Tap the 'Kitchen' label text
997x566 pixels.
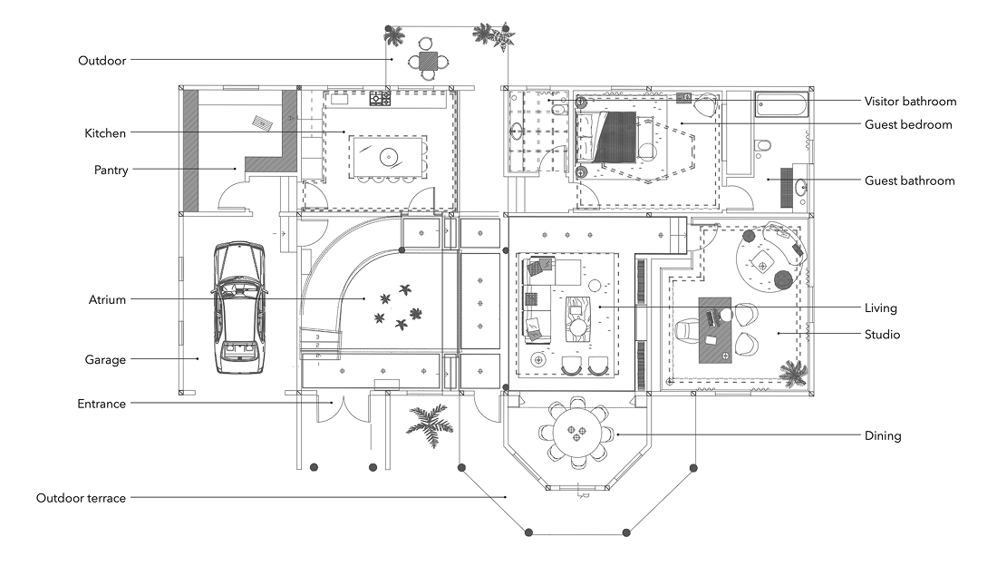point(105,133)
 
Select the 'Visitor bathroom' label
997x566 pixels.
point(910,102)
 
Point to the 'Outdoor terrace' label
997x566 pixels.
point(81,498)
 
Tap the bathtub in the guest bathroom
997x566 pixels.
point(783,106)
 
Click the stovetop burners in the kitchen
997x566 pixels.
point(381,96)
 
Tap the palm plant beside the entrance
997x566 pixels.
point(430,423)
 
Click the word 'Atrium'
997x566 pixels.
point(107,300)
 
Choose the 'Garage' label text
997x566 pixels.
point(107,360)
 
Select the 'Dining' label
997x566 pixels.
point(883,436)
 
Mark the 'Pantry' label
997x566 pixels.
point(110,170)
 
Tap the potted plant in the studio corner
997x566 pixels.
point(794,372)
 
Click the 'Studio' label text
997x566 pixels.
point(882,335)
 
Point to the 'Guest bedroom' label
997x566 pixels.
point(908,124)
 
